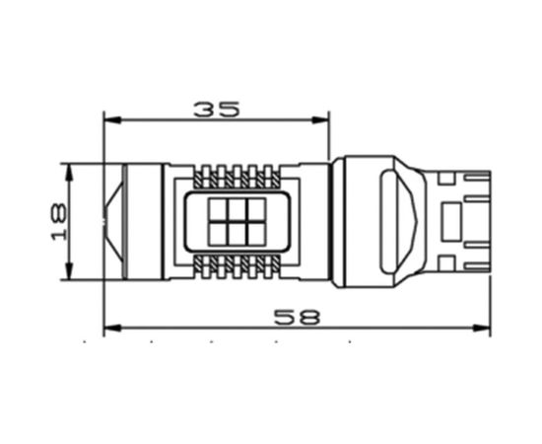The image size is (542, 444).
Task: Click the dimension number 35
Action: [217, 110]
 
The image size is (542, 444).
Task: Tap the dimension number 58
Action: [298, 317]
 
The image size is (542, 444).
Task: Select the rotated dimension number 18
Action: [59, 221]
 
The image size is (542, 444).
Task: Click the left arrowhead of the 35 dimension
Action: [112, 120]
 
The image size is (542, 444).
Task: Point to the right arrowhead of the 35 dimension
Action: [320, 120]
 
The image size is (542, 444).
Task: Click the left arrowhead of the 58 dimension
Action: [112, 328]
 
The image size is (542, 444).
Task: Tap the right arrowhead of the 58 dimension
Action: [481, 328]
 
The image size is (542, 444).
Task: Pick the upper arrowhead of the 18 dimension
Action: [70, 172]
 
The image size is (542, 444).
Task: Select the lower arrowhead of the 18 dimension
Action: [70, 271]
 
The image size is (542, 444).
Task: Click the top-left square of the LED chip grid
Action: [219, 210]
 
